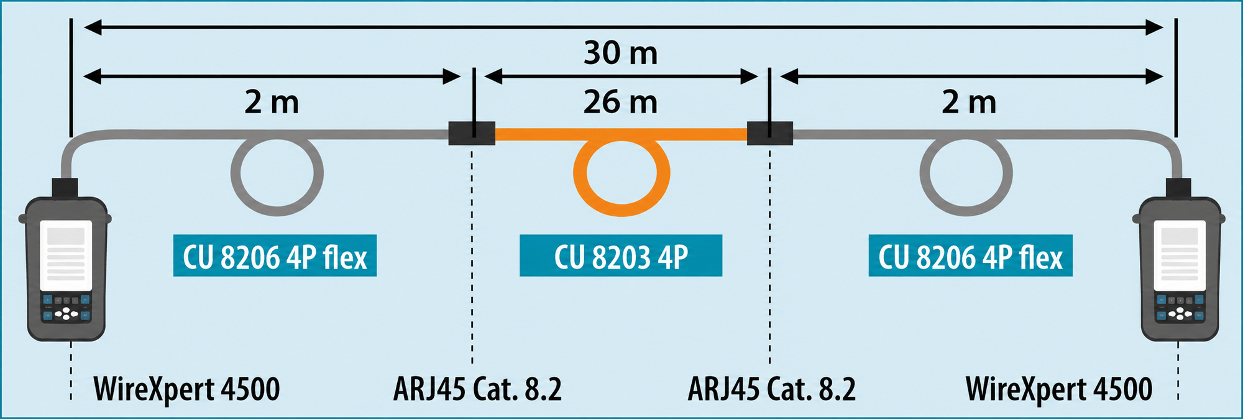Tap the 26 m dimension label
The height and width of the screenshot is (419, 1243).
click(620, 102)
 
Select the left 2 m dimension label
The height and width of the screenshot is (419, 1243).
click(272, 102)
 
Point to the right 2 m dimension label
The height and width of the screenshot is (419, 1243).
click(969, 102)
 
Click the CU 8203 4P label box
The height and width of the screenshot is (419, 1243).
click(621, 256)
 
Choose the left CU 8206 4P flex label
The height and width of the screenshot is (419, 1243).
click(275, 256)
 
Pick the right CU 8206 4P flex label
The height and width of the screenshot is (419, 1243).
click(970, 256)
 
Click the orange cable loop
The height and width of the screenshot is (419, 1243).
click(621, 213)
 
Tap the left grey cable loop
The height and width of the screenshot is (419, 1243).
click(277, 213)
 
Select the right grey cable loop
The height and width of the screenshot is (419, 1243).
click(966, 213)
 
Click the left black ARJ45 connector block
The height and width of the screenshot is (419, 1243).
click(472, 133)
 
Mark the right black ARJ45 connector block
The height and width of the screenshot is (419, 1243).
click(769, 133)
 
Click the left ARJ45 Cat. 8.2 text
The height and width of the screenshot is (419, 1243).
click(477, 389)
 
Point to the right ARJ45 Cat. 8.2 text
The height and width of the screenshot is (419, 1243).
click(771, 389)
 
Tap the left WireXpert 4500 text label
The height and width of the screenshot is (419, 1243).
click(186, 389)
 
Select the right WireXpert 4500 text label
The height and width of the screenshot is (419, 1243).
click(1059, 389)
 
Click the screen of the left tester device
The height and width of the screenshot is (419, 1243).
click(66, 255)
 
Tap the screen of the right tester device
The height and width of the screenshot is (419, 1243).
click(1180, 255)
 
